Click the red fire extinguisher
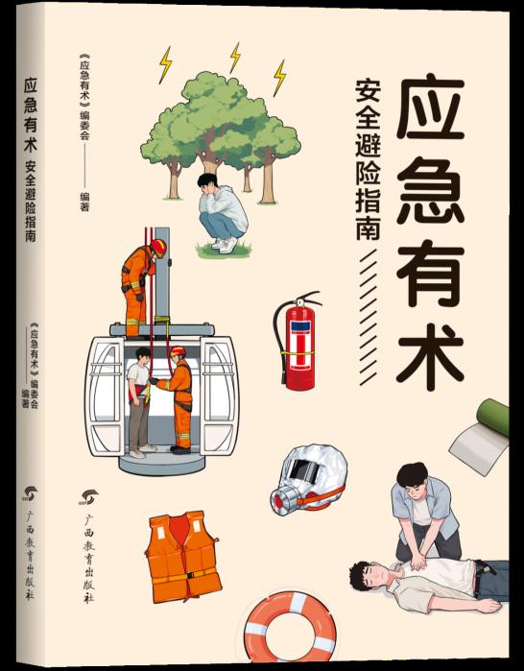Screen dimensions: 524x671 298,343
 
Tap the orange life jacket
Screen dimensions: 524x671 183,556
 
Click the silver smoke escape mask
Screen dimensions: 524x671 309,479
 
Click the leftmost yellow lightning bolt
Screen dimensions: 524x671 165,64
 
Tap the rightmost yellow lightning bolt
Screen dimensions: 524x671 279,78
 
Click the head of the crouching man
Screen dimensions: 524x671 207,184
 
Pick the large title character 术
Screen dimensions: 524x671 430,357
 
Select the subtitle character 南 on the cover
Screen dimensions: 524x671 368,226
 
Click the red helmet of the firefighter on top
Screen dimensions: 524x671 158,248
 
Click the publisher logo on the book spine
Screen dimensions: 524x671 30,493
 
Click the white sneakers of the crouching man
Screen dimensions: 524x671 225,245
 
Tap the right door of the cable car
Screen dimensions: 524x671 219,395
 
